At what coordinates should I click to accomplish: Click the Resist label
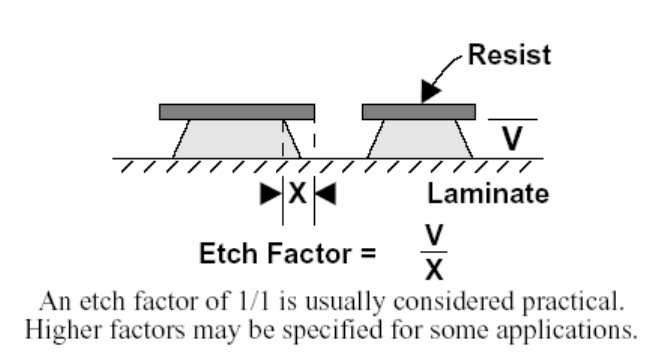coord(509,55)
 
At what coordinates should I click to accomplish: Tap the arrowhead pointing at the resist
coord(430,91)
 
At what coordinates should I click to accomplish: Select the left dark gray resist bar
coord(237,112)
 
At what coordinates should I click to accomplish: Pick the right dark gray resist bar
coord(419,112)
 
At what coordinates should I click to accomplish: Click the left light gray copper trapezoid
coord(237,139)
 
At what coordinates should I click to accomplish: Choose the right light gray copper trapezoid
coord(420,139)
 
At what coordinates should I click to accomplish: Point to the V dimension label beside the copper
coord(512,138)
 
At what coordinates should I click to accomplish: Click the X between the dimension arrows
coord(298,194)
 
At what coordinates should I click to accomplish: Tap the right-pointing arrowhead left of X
coord(271,194)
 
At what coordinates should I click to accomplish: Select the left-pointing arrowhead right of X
coord(326,194)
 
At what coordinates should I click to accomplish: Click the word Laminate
coord(488,194)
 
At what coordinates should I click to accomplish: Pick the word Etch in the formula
coord(228,253)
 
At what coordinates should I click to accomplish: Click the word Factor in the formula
coord(310,253)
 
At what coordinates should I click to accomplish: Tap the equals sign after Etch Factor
coord(368,254)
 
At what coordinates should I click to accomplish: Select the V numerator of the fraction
coord(434,235)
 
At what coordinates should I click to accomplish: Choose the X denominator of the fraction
coord(434,269)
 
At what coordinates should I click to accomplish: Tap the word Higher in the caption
coord(63,330)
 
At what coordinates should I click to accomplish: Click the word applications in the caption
coord(567,330)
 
